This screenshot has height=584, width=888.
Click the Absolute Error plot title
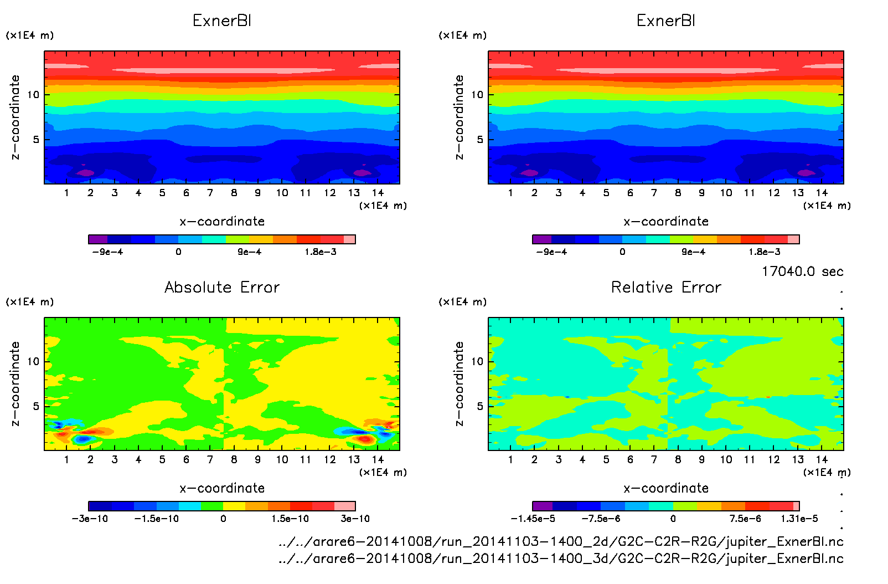(222, 288)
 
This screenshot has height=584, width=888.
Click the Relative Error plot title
(666, 288)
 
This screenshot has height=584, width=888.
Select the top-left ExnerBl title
(222, 21)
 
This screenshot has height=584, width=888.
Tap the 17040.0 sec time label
(802, 271)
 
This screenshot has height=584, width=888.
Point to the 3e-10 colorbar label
(355, 519)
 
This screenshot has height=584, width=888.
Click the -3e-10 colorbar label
(90, 519)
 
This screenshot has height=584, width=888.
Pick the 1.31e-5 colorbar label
(799, 519)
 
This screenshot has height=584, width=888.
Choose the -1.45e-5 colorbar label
(533, 519)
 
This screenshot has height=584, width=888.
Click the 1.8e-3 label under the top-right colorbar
(765, 252)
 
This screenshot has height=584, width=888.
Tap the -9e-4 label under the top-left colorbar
(107, 252)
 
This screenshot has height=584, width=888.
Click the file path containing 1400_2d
(561, 541)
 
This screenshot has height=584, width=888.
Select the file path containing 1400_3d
(561, 559)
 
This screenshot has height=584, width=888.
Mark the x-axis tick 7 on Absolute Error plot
(210, 459)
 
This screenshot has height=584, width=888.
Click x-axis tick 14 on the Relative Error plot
(822, 459)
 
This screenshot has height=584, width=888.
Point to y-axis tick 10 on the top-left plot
(33, 95)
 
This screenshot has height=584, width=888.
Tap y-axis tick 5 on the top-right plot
(480, 140)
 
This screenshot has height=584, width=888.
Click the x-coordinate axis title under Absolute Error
(222, 488)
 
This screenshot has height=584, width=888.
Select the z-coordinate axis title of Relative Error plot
(459, 383)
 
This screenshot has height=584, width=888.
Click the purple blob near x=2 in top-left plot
(86, 173)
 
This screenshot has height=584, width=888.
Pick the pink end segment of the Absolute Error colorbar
(345, 506)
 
